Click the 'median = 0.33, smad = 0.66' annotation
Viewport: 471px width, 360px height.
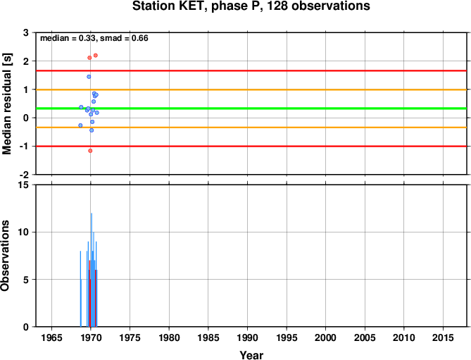94,38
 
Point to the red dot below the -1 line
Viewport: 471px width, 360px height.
90,151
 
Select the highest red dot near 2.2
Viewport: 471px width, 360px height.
96,55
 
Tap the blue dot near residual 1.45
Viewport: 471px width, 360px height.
89,77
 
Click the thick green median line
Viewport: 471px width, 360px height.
251,108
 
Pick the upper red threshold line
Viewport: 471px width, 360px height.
251,70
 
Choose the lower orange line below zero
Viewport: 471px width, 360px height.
251,128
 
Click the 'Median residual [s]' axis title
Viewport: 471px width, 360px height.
7,104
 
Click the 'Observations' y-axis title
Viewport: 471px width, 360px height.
5,256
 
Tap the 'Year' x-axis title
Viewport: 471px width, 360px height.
251,355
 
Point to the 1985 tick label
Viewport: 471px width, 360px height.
208,337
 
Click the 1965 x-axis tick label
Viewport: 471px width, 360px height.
51,337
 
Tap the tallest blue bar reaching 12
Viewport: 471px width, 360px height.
92,270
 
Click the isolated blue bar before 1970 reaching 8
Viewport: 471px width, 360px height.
80,289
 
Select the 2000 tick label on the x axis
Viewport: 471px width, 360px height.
325,337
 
